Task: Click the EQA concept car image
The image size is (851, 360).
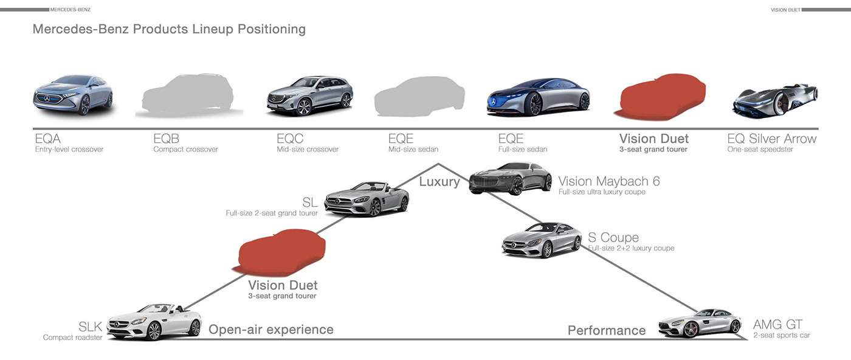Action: tap(72, 95)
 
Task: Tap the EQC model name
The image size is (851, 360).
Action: tap(290, 139)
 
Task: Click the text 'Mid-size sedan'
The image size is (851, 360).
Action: tap(413, 150)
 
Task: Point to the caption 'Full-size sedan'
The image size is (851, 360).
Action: tap(523, 150)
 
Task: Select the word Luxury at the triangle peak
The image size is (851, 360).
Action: tap(439, 181)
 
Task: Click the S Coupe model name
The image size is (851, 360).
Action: tap(613, 237)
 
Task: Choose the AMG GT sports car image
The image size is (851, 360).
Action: tap(700, 323)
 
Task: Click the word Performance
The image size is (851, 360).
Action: tap(606, 330)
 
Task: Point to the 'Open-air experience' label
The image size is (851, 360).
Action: tap(271, 330)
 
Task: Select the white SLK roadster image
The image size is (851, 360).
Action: tap(154, 322)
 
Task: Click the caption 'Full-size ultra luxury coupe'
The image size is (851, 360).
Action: tap(602, 192)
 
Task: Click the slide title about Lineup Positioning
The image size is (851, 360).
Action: tap(169, 29)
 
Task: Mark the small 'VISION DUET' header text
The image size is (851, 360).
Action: tap(785, 10)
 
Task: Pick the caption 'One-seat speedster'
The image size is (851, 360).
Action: tap(760, 150)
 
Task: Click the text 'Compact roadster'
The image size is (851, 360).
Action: tap(72, 337)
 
